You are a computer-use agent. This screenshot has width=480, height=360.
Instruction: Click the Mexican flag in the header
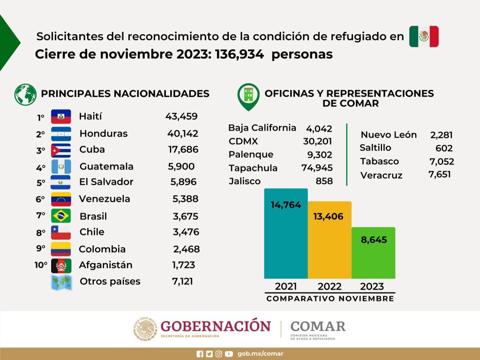click(424, 37)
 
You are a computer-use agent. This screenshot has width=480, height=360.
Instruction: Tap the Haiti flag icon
click(61, 117)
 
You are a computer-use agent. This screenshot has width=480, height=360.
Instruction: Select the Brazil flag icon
click(61, 216)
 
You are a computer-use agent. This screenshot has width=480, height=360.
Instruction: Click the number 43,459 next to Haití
click(181, 116)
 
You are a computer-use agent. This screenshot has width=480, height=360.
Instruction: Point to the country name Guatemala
click(106, 166)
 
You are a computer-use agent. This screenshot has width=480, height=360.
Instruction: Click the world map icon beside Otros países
click(61, 283)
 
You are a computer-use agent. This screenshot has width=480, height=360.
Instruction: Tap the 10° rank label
click(41, 265)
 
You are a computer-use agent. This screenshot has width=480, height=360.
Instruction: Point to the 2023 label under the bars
click(372, 286)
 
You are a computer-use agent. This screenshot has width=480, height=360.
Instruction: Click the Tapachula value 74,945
click(317, 168)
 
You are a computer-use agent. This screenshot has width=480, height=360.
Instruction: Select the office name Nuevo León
click(389, 135)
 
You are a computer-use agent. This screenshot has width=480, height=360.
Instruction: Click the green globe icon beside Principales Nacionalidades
click(25, 94)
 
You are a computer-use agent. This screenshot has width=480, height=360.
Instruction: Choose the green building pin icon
click(248, 97)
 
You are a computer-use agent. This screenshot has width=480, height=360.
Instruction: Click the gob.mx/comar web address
click(260, 354)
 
